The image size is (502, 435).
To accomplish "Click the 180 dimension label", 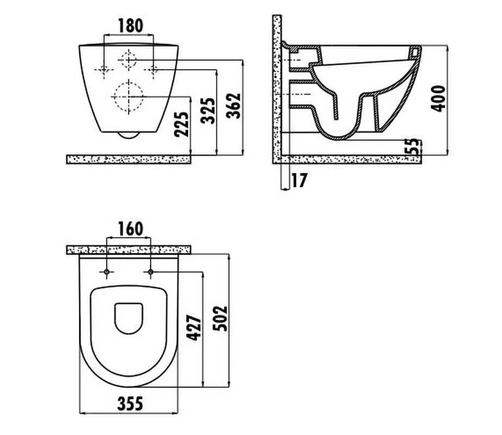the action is (x=131, y=26).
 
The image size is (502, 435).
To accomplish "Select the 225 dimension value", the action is (x=182, y=124).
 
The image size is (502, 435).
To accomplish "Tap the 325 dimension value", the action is (x=208, y=111).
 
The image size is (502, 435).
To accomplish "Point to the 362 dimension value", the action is (x=233, y=105).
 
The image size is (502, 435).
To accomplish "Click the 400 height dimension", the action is (x=438, y=98).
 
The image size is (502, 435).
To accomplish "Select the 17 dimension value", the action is (x=299, y=180).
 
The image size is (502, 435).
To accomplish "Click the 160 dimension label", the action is (x=131, y=229).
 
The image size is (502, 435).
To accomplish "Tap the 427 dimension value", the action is (x=194, y=328).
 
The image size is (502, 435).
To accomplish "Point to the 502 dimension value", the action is (x=220, y=319).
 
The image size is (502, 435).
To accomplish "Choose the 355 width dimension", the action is (x=130, y=403).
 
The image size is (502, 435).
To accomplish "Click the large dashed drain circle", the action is (x=128, y=96).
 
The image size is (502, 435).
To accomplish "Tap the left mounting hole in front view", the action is (x=104, y=70).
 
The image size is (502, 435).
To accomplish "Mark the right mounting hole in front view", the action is (x=153, y=70).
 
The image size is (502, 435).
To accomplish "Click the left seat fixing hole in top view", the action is (x=107, y=272).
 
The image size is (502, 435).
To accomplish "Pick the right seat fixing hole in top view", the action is (x=151, y=272).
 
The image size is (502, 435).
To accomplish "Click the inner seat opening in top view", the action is (x=128, y=318).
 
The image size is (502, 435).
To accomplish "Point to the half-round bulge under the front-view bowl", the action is (x=128, y=135).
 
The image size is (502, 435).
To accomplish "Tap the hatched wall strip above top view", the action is (x=129, y=250).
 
